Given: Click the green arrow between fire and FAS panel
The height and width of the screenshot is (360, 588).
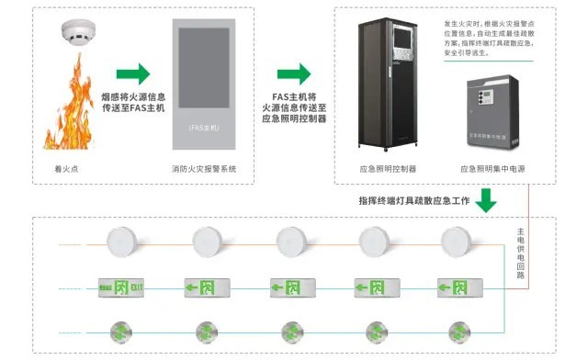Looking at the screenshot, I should pyautogui.click(x=132, y=73).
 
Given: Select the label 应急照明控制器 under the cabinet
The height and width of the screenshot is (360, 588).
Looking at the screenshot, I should pyautogui.click(x=388, y=170).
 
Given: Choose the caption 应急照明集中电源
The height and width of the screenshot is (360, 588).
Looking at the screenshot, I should pyautogui.click(x=491, y=170).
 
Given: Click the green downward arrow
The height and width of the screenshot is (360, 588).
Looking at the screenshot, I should pyautogui.click(x=488, y=198).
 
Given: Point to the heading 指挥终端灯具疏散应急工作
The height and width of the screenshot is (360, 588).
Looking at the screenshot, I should pyautogui.click(x=413, y=198).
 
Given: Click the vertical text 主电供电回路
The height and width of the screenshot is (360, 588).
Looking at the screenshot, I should pyautogui.click(x=521, y=253).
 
